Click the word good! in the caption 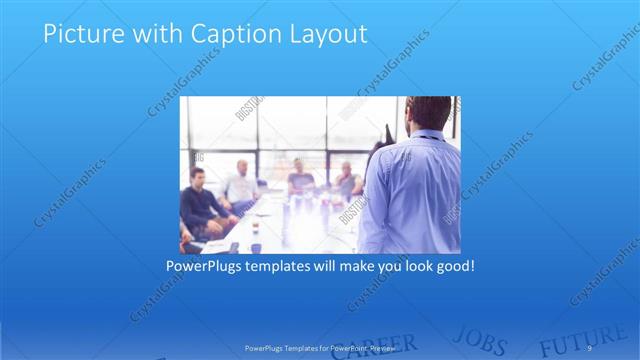click(x=451, y=267)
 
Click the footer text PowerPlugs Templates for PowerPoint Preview click(x=320, y=346)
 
